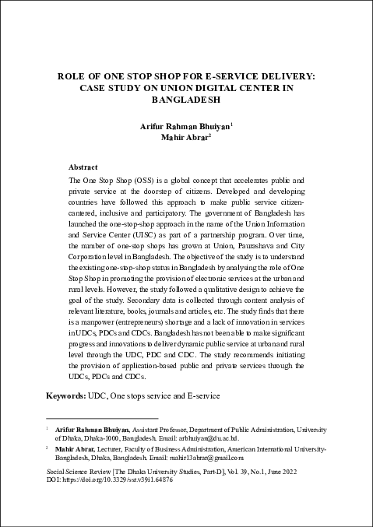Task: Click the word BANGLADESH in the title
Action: tap(186, 100)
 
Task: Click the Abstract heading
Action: tap(83, 167)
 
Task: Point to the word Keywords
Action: tap(66, 396)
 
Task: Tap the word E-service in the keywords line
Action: tap(203, 396)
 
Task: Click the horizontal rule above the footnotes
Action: tap(101, 418)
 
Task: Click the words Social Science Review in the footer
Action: tap(80, 472)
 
